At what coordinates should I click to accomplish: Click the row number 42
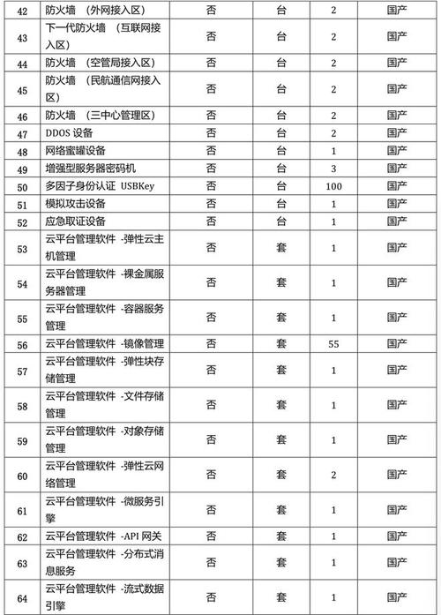coord(23,11)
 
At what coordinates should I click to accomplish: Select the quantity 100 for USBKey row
coord(333,186)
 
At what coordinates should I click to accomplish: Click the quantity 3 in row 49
coord(333,168)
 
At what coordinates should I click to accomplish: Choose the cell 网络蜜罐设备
coord(80,150)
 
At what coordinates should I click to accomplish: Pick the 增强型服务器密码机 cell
coord(92,168)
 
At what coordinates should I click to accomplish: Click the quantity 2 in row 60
coord(333,475)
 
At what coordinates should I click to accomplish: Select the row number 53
coord(23,249)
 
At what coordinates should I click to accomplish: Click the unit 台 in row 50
coord(280,186)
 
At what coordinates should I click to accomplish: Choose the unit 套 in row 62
coord(280,536)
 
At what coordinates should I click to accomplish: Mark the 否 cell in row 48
coord(212,150)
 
